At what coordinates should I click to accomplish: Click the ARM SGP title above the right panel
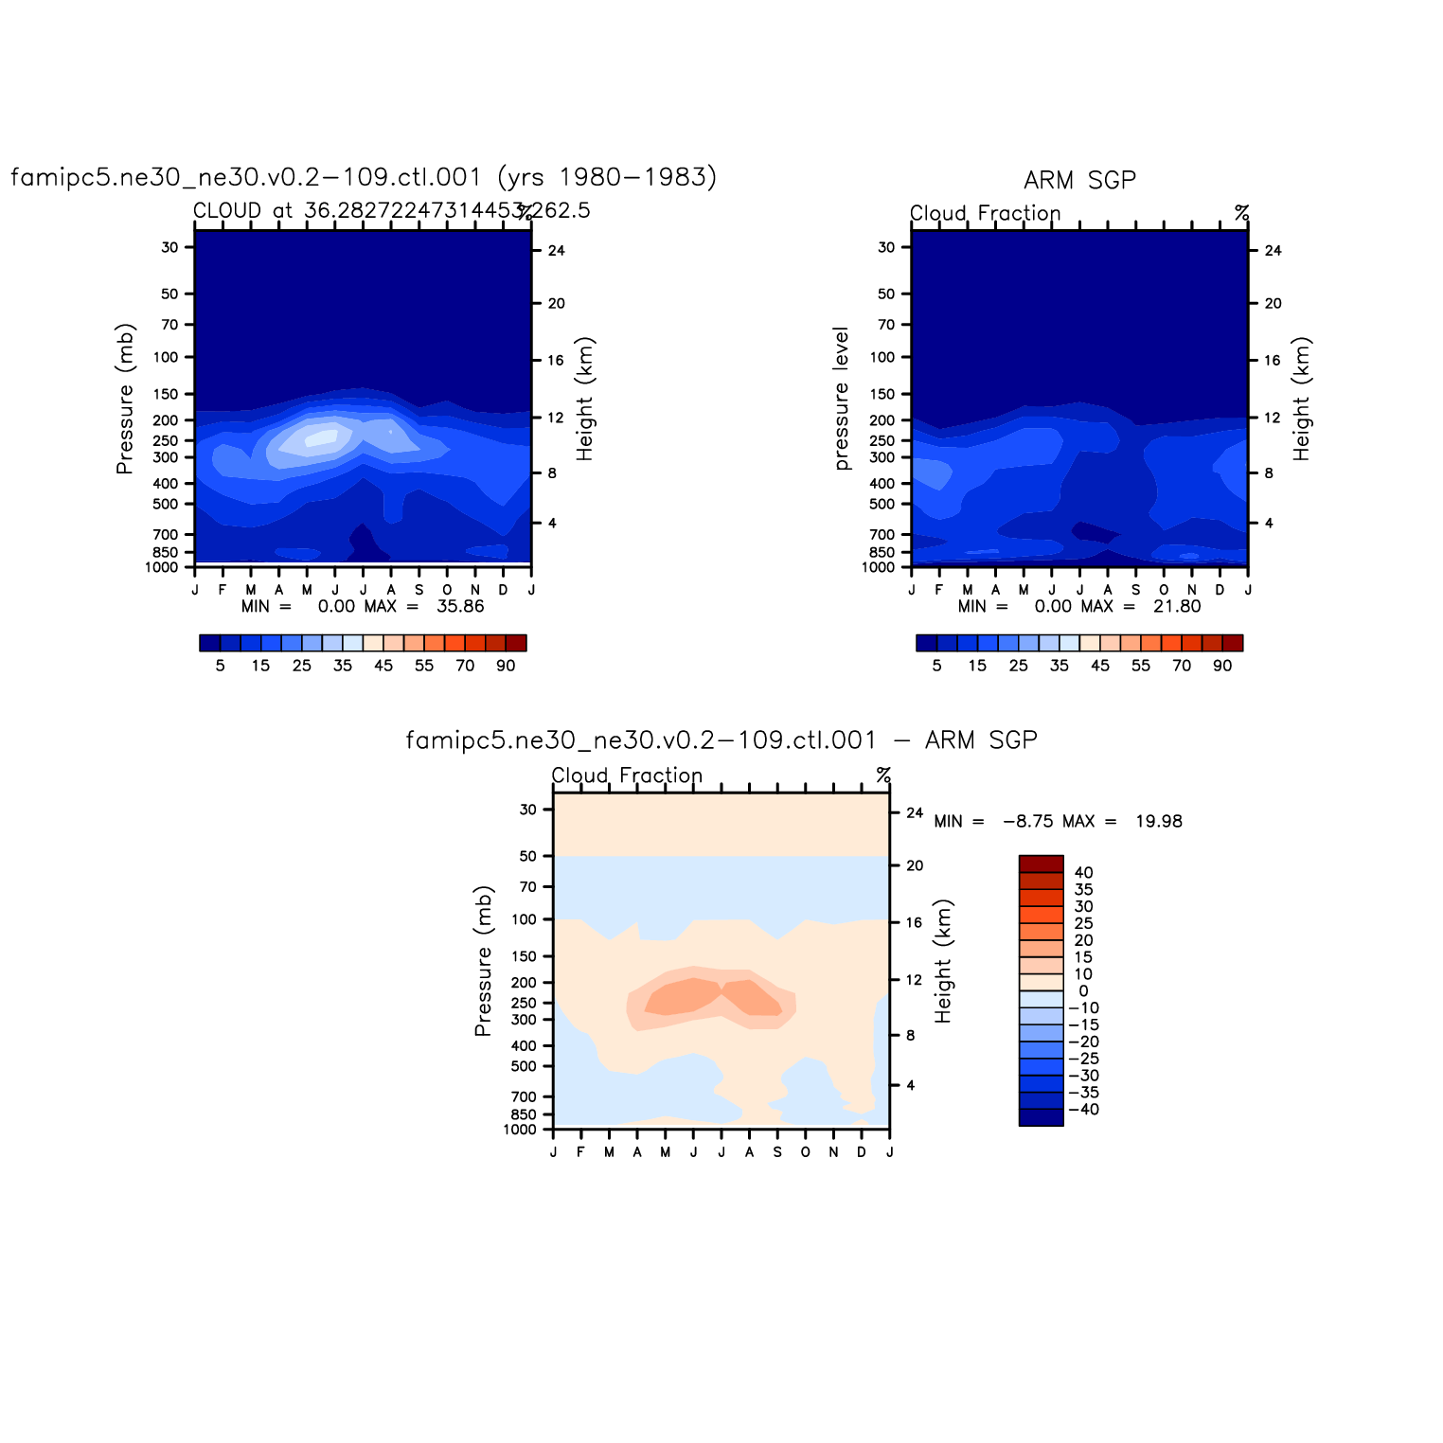click(x=1079, y=180)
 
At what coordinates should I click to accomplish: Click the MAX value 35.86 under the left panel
click(x=460, y=606)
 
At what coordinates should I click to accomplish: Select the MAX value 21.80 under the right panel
click(x=1177, y=606)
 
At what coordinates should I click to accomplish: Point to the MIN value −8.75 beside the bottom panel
click(x=1027, y=821)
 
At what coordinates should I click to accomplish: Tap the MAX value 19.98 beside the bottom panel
click(x=1159, y=821)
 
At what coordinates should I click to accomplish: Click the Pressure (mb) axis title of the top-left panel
click(x=125, y=399)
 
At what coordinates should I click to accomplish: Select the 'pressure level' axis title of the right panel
click(x=842, y=399)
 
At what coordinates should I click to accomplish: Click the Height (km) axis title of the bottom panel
click(x=943, y=961)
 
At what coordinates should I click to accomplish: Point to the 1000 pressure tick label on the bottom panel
click(x=520, y=1130)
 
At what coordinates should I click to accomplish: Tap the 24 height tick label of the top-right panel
click(x=1274, y=251)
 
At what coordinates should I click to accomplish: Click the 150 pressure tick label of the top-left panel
click(x=169, y=394)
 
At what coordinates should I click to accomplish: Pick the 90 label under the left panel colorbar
click(x=506, y=666)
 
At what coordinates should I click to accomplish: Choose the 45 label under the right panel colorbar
click(x=1100, y=666)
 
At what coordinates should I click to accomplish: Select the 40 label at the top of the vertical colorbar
click(x=1084, y=873)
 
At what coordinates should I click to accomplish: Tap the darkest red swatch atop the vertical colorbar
click(x=1041, y=864)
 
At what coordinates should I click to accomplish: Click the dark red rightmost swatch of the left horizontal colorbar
click(x=516, y=643)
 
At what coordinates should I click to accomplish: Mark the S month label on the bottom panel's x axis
click(x=777, y=1152)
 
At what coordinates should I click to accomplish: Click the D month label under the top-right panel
click(x=1220, y=590)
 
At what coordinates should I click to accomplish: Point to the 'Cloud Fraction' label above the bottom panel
click(x=627, y=775)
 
